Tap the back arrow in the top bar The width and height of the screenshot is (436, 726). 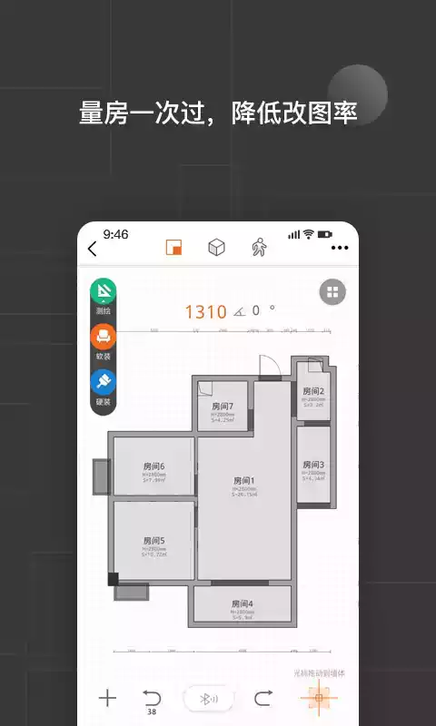[92, 250]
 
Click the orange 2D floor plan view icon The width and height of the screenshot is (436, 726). [173, 249]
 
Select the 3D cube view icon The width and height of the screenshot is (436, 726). [216, 249]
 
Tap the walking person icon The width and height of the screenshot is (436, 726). [259, 249]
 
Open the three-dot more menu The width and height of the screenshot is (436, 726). [340, 248]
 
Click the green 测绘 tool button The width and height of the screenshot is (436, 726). [103, 292]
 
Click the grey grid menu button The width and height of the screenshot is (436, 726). [332, 292]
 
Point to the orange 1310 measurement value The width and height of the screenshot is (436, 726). [205, 312]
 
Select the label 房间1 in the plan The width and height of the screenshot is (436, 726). [243, 480]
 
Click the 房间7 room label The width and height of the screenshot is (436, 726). [223, 406]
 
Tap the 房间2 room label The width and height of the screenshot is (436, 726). [313, 391]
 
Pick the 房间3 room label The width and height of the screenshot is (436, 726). [313, 465]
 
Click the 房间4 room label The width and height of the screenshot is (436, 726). [242, 603]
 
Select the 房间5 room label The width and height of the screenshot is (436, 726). [154, 540]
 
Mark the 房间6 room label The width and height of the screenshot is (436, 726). [154, 466]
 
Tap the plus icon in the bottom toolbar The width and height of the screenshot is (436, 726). [108, 698]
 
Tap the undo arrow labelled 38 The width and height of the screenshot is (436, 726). [151, 698]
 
